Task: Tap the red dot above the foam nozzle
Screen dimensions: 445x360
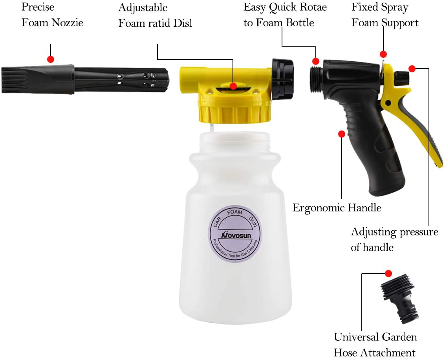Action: coord(51,59)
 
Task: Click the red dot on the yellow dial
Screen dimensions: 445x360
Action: coord(233,86)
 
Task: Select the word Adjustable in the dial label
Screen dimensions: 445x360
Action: coord(143,8)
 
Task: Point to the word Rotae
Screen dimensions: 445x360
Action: coord(311,7)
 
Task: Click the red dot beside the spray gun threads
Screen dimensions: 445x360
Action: coord(316,61)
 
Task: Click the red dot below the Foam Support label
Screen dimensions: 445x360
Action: coord(383,54)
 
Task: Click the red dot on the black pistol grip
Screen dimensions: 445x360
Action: coord(342,134)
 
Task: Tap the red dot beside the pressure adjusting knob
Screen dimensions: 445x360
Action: coord(412,68)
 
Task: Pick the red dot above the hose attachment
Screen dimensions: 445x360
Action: coord(388,274)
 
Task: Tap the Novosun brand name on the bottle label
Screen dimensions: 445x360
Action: coord(236,235)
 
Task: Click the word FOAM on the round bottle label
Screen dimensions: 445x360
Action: coord(235,212)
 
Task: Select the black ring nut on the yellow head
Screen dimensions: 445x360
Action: coord(282,79)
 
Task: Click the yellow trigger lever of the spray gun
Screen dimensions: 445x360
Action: coord(412,114)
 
